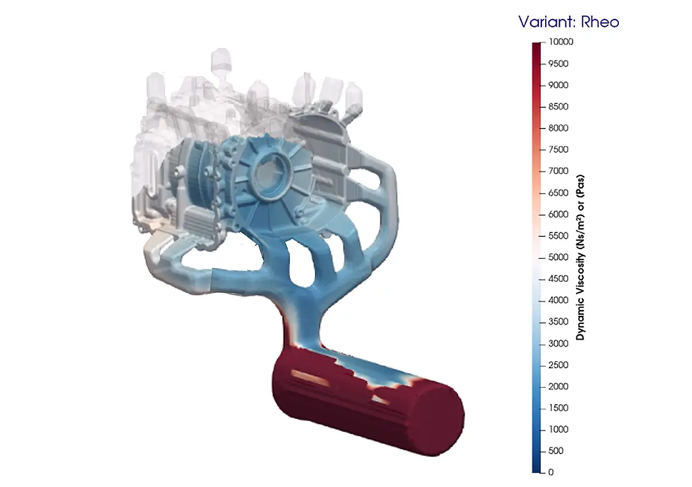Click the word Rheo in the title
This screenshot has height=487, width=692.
(x=600, y=22)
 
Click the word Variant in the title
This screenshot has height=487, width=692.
(x=548, y=22)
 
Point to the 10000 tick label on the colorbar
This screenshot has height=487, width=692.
(x=561, y=41)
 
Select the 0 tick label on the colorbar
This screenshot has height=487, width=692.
(x=551, y=472)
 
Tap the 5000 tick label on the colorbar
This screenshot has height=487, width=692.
(x=558, y=257)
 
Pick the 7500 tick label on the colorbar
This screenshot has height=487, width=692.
(x=558, y=150)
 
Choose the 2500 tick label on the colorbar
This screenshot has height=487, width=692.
(x=558, y=365)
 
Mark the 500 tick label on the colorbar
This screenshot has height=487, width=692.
(x=556, y=450)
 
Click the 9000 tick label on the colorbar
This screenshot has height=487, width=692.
(x=558, y=85)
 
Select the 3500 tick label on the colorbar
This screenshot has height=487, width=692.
(x=558, y=321)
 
